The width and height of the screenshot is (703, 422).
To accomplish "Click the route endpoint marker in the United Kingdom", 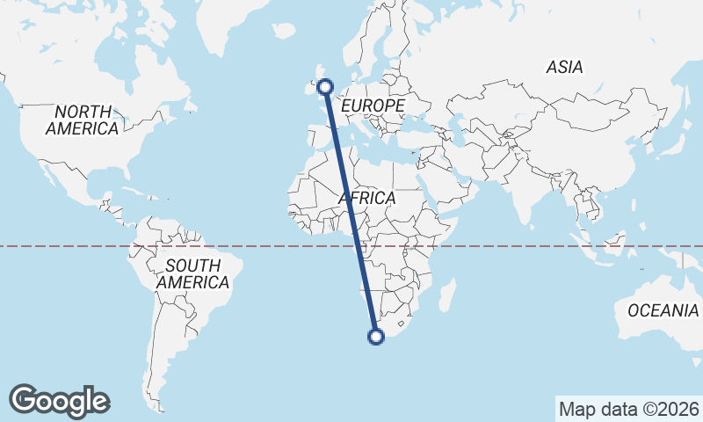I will click(325, 86).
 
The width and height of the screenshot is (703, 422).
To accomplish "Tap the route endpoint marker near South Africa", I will click(376, 336).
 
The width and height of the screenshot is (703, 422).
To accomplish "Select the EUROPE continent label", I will click(373, 105).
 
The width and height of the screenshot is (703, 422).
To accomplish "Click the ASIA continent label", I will click(564, 67).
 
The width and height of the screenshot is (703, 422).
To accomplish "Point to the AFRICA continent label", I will click(367, 199).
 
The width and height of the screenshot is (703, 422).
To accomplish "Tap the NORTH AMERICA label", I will click(83, 120).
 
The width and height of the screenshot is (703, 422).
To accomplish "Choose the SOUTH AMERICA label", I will click(192, 274).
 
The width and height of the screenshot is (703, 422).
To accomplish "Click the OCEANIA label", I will click(663, 310).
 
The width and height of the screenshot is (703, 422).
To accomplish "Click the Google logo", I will click(60, 400).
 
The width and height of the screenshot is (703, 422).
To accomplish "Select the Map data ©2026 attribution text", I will click(628, 409).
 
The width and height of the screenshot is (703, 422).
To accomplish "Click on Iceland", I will click(284, 30).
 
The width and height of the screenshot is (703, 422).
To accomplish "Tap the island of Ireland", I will click(308, 86).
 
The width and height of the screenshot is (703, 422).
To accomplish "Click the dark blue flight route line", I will click(351, 211).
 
